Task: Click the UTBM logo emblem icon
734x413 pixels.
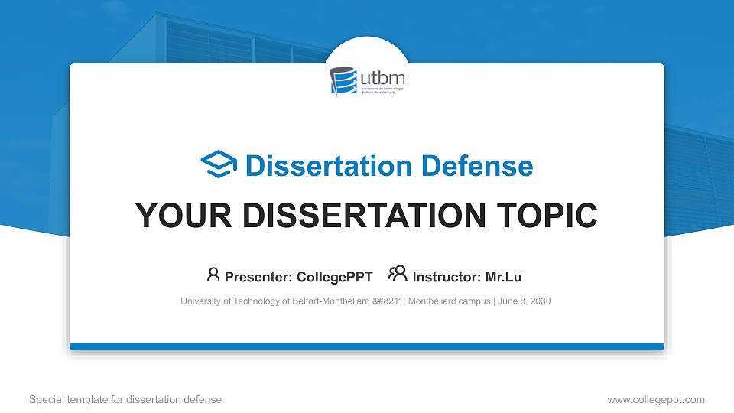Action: pos(343,80)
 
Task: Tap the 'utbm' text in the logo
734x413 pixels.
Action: pos(382,78)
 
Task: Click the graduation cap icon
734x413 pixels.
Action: pos(219,164)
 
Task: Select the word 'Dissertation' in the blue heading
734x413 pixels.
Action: pos(320,166)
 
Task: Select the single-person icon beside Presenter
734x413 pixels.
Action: pos(213,275)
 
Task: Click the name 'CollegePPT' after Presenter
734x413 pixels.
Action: pos(335,276)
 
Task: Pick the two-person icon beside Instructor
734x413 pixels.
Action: pos(398,275)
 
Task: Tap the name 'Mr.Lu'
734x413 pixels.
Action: pos(504,276)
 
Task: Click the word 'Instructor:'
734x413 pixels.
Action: pos(447,276)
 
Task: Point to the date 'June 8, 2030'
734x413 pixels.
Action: pos(524,301)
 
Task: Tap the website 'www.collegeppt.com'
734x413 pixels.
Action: pos(655,399)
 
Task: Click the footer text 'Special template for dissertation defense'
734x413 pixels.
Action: pos(125,399)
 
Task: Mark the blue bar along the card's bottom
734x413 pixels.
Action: pos(367,346)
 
